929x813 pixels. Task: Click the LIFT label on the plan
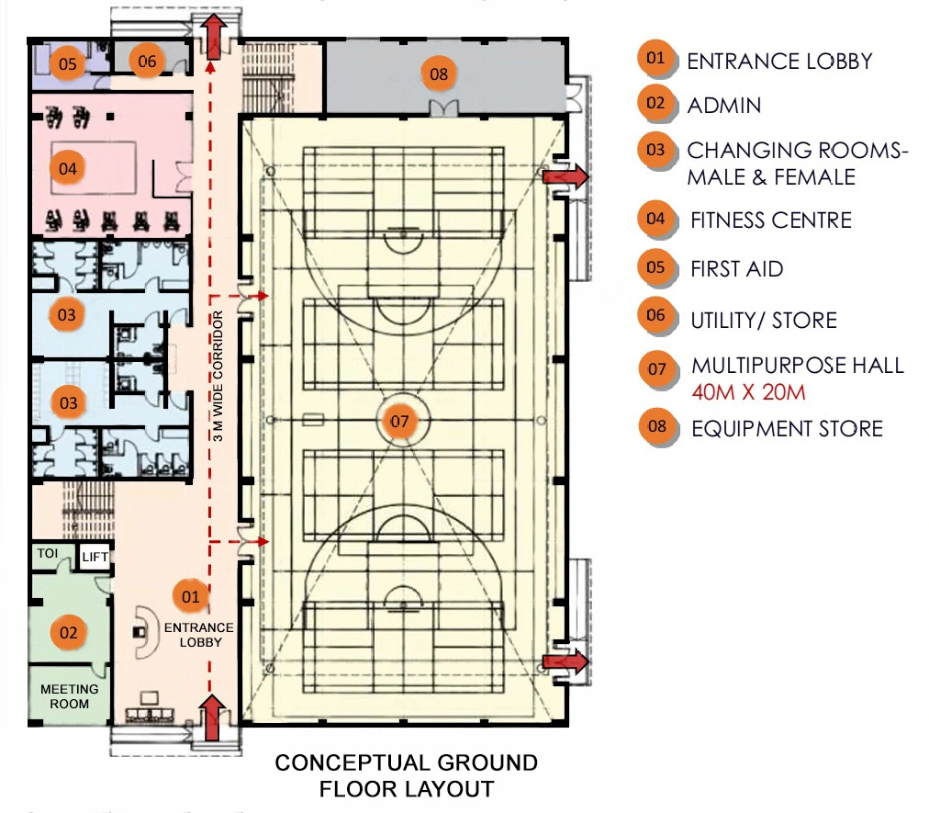point(95,557)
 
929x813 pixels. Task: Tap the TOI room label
point(47,554)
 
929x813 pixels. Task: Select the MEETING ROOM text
point(70,696)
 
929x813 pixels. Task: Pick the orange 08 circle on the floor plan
point(439,73)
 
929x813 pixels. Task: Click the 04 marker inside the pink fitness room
point(68,168)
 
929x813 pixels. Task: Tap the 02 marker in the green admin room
point(68,632)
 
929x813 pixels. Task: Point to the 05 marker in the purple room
point(68,63)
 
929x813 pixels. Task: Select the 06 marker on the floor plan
point(147,62)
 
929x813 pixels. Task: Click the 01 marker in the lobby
point(190,597)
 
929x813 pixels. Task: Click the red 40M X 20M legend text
point(749,392)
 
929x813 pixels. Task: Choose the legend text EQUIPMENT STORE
point(787,428)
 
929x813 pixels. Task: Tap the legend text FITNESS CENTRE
point(771,220)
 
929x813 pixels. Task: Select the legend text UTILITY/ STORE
point(764,321)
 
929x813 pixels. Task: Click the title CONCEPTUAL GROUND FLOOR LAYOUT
point(406,775)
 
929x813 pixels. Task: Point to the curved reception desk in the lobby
point(144,632)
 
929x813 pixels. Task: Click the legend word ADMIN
point(724,106)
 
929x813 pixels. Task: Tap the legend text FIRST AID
point(736,269)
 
